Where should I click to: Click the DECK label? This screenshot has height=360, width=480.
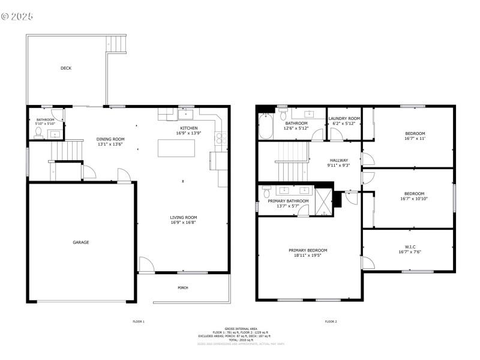(66, 68)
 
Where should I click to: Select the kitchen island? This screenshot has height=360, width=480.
(176, 148)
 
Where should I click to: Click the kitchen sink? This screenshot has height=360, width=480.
(185, 113)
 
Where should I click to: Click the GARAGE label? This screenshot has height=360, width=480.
(81, 242)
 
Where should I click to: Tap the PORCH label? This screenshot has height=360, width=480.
(183, 287)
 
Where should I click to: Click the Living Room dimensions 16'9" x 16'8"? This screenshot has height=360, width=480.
(183, 223)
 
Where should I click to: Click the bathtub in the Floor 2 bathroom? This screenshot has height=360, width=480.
(266, 127)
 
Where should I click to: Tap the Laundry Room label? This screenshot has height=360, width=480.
(344, 119)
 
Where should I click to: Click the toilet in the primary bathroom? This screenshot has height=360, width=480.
(266, 193)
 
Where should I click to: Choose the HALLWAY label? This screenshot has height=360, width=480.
(339, 160)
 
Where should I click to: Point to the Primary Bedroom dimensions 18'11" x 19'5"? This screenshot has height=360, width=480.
(308, 255)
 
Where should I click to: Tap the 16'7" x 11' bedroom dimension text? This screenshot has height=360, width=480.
(414, 138)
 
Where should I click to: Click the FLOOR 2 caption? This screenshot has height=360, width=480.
(331, 322)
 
